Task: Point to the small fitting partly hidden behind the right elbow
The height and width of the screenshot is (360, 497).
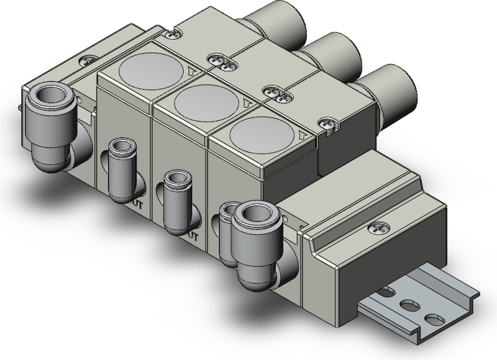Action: coord(227,230)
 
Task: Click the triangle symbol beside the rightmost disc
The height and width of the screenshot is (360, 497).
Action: coord(303,135)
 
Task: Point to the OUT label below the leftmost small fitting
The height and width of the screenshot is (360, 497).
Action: coord(138,202)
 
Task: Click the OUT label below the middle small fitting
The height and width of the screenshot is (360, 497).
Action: coord(193,236)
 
